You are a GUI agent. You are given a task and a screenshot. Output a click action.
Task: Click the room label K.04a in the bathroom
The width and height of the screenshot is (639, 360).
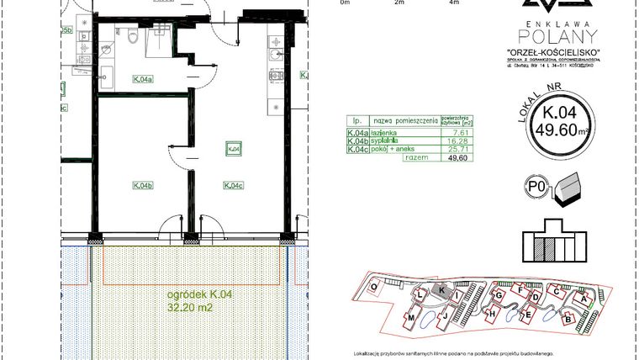[141, 80]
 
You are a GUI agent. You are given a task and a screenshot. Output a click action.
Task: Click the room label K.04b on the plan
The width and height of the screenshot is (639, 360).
[141, 185]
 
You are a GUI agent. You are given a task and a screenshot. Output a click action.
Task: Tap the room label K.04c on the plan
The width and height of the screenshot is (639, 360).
[234, 185]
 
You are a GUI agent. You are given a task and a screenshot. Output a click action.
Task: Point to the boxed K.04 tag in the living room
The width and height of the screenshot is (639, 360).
[234, 149]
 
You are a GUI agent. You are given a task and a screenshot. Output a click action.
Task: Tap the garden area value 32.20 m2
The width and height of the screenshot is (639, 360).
[187, 307]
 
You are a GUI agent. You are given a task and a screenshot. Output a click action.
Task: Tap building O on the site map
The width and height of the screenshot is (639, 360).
[374, 286]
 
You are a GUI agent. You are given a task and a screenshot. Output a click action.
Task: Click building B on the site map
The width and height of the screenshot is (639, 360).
[568, 320]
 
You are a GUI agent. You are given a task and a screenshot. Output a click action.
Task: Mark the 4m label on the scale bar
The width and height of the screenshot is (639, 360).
[455, 3]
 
